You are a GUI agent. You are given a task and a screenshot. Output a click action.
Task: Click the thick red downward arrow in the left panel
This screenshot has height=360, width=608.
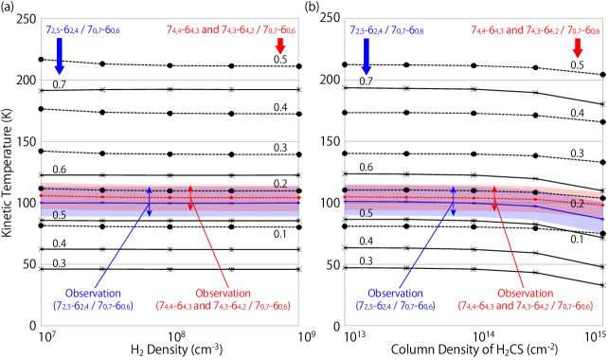coord(280,46)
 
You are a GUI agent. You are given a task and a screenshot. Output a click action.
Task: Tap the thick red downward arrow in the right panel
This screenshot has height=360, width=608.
coord(578,47)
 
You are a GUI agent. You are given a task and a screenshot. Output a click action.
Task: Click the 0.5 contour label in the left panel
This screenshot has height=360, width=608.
coord(59,215)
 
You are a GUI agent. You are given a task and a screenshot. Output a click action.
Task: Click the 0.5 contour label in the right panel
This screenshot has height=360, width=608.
coord(366,213)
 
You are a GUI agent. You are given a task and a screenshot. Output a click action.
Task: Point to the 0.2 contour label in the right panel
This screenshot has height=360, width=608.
coord(577,204)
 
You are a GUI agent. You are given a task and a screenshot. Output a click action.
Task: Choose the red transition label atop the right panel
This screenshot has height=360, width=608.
coord(535,30)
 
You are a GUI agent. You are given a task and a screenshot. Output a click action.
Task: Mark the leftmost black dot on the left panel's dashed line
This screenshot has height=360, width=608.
coord(41,189)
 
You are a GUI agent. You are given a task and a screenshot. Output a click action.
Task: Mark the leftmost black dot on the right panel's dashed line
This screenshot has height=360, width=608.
coord(345,189)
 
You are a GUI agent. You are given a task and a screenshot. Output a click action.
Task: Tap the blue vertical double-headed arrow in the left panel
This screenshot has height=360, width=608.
coord(149,201)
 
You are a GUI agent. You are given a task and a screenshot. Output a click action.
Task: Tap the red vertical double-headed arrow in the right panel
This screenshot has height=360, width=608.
coord(494,198)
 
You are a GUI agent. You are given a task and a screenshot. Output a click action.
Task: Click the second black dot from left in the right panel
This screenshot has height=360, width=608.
coord(406,189)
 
